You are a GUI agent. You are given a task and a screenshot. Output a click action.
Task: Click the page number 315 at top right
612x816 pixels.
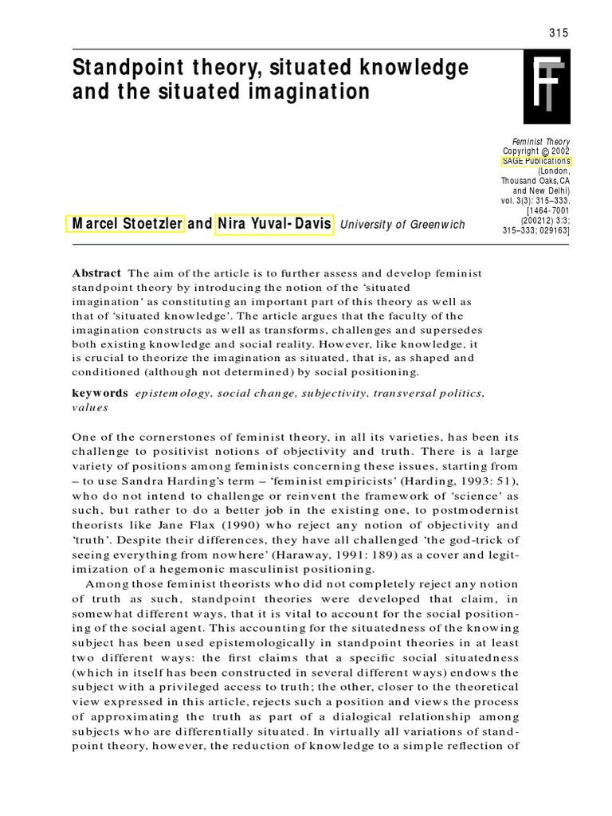(559, 32)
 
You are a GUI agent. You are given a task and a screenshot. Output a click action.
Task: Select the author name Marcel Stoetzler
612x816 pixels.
(126, 224)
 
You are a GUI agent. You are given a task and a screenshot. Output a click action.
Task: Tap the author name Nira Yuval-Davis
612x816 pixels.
(275, 224)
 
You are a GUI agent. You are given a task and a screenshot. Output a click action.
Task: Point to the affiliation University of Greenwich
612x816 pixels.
(402, 225)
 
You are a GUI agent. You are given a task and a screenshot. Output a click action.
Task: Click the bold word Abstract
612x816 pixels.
(97, 273)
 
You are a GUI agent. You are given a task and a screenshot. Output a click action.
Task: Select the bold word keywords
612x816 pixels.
(100, 393)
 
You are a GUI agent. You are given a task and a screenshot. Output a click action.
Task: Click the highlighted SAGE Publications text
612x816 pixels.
(535, 160)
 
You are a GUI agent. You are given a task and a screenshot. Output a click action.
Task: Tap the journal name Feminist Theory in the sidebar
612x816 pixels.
(541, 141)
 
